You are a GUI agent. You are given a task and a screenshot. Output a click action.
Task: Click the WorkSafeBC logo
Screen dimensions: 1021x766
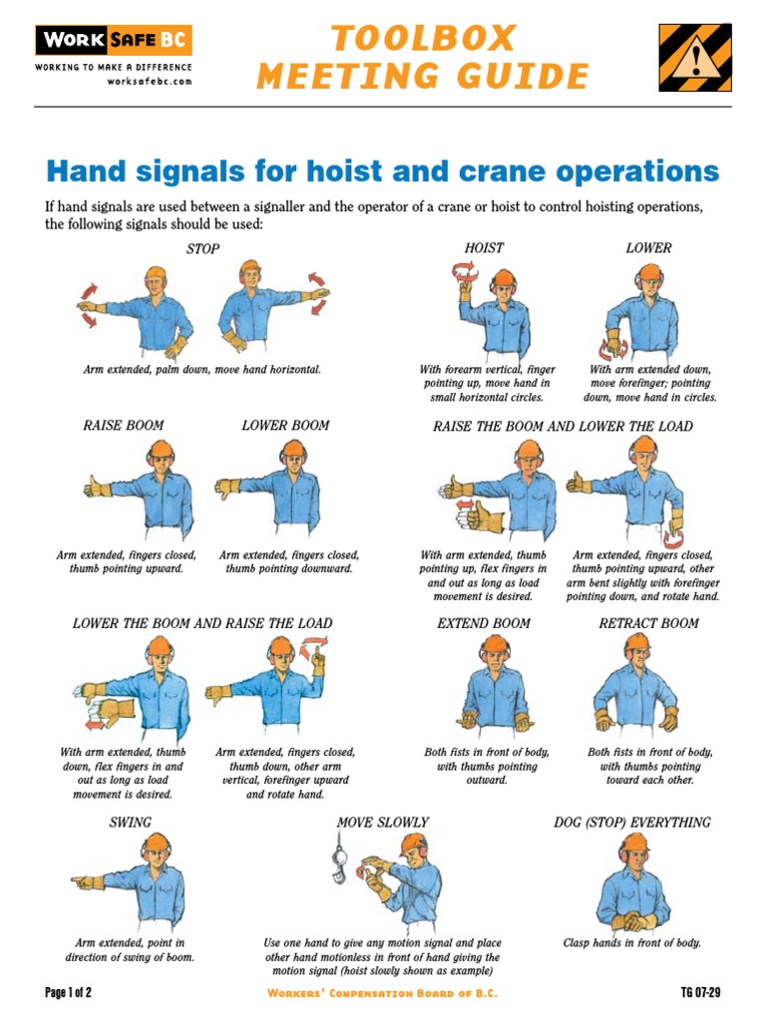(x=113, y=41)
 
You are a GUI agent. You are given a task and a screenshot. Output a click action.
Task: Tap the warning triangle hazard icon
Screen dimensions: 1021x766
(x=694, y=59)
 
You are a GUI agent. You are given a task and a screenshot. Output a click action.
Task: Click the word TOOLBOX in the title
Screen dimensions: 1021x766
(x=423, y=39)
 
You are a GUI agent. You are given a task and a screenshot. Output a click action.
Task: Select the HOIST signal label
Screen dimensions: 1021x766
(x=484, y=247)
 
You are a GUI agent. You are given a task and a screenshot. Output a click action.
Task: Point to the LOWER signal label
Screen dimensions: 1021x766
(x=648, y=247)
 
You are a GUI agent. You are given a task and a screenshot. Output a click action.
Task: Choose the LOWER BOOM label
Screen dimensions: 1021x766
(x=285, y=426)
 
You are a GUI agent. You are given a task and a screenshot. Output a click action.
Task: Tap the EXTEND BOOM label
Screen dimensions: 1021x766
(x=484, y=623)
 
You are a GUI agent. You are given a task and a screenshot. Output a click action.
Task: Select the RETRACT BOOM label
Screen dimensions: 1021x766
(x=648, y=623)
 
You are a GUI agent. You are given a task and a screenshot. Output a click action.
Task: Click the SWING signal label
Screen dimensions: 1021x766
(x=131, y=823)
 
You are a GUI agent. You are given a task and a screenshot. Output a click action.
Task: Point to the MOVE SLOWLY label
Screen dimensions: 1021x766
(x=382, y=823)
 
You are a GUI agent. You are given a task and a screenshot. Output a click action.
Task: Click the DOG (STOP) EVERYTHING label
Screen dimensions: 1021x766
(x=632, y=823)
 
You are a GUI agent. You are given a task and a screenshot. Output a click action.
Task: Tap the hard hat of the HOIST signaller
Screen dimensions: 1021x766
(x=504, y=277)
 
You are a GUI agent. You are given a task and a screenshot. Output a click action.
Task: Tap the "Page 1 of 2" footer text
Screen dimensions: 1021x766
(x=68, y=993)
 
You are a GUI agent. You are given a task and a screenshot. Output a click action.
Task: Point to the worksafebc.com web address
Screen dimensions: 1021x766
(x=150, y=82)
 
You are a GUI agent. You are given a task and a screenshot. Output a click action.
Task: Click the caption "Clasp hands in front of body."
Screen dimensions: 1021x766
(x=632, y=942)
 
